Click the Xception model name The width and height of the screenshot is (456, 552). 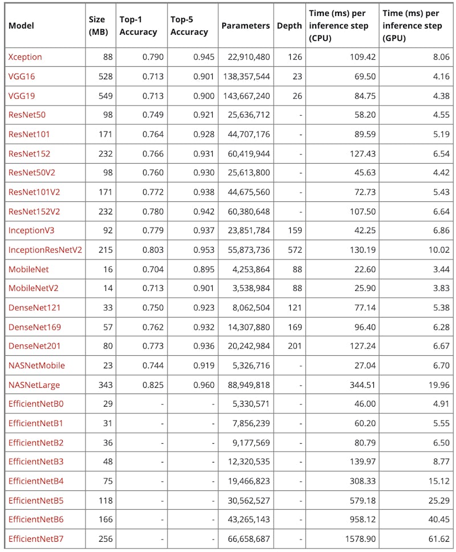pos(25,57)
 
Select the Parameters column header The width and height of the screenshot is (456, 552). pos(245,26)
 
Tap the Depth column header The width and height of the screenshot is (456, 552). pos(289,26)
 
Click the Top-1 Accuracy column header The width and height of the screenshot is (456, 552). pos(138,26)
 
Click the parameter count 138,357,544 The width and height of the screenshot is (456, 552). pos(246,76)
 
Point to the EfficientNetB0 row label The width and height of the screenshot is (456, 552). pos(36,404)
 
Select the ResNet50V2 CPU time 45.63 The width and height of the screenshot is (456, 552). pos(364,173)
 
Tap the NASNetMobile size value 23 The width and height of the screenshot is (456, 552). pos(108,366)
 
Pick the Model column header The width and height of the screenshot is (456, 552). pos(21,26)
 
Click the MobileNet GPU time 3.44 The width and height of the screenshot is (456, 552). pos(441,269)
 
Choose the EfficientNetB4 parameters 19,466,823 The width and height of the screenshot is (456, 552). pos(246,481)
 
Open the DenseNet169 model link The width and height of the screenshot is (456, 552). pos(35,327)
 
